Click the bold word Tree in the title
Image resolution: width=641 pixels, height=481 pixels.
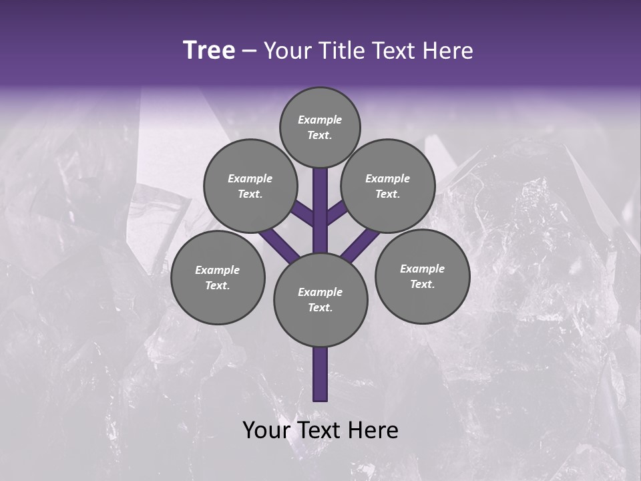tap(209, 50)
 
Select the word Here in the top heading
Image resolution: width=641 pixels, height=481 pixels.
tap(449, 51)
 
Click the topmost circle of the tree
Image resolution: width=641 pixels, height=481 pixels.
tap(320, 127)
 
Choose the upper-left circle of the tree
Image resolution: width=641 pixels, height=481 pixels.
tap(250, 186)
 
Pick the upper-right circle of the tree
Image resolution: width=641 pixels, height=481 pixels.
tap(388, 186)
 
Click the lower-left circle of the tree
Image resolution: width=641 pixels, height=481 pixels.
tap(218, 277)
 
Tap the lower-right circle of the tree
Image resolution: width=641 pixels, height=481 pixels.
tap(422, 276)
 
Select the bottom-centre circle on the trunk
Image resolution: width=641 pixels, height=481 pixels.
tap(320, 299)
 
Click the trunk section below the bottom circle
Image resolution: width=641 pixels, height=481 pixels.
tap(320, 374)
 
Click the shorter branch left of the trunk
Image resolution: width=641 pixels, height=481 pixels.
tap(302, 214)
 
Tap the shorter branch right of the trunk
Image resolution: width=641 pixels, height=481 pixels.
tap(338, 212)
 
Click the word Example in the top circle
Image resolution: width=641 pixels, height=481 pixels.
tap(320, 120)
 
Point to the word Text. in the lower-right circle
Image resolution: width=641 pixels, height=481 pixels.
tap(422, 284)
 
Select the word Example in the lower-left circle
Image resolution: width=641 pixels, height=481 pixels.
tap(217, 270)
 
